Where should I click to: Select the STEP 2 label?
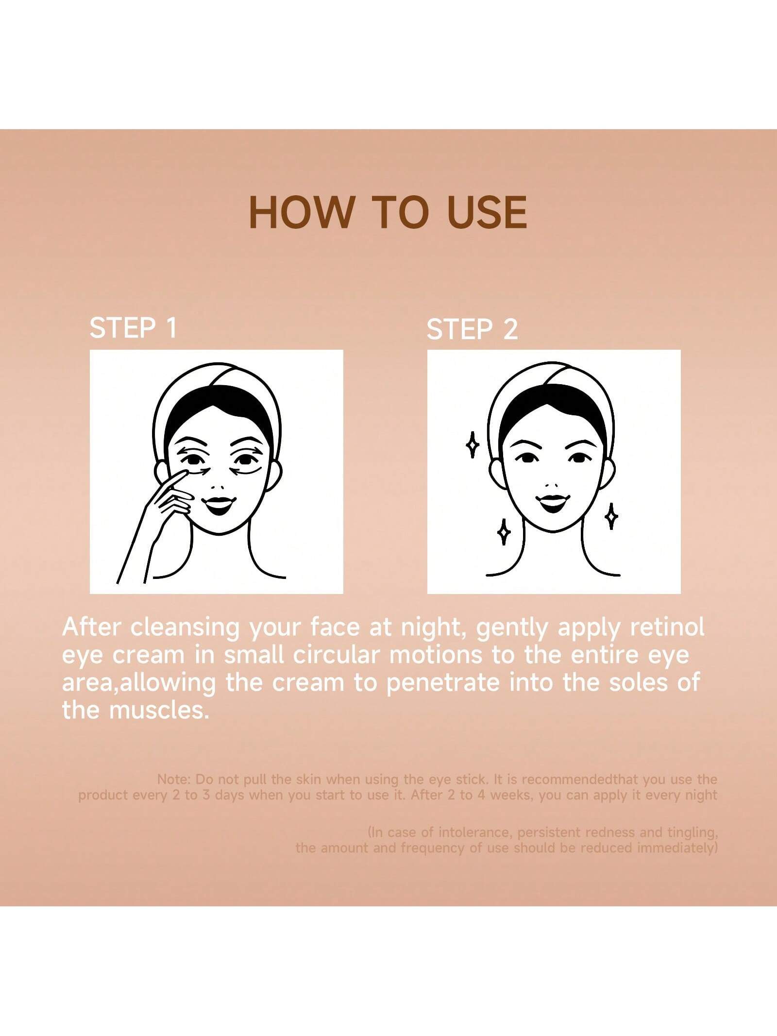(472, 330)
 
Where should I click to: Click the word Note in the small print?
(174, 780)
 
